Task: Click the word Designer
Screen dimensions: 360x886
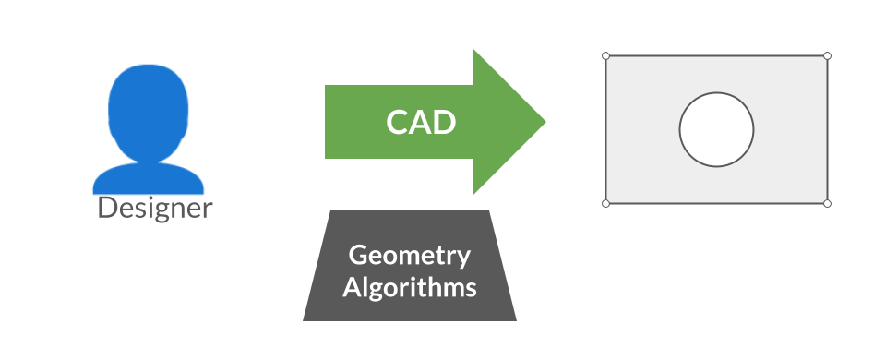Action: (x=155, y=208)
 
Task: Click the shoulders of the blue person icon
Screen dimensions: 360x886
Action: (x=148, y=177)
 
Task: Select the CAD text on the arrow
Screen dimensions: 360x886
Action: (x=421, y=122)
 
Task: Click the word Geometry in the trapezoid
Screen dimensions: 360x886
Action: (x=409, y=257)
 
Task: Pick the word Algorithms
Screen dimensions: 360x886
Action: (x=410, y=287)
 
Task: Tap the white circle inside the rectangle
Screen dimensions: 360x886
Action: (x=716, y=129)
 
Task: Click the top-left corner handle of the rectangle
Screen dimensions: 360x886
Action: (x=606, y=56)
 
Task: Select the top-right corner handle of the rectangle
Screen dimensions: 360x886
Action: (x=827, y=56)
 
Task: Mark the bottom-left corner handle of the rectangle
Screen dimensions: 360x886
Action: (x=606, y=203)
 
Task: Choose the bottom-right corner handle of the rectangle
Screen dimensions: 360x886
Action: (x=827, y=203)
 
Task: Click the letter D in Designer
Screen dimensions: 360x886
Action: (x=106, y=208)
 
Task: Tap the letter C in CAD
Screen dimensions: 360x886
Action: (x=396, y=122)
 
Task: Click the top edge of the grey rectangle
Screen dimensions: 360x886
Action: (x=716, y=56)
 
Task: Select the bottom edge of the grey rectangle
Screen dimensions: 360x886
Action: (x=716, y=203)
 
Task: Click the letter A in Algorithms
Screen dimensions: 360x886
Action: (x=351, y=286)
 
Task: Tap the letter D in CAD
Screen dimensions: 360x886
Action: (x=444, y=122)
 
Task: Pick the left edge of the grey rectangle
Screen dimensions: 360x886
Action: (x=606, y=129)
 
